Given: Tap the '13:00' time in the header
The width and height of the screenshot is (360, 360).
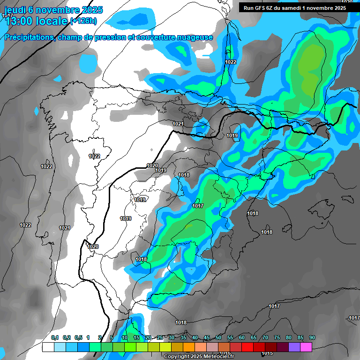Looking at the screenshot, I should pos(19,21).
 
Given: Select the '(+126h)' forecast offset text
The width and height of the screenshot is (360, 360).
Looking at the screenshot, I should pos(83,21).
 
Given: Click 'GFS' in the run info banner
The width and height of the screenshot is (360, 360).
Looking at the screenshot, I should pos(262,7).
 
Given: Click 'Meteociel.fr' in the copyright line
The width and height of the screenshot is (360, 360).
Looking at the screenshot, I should pos(218,356).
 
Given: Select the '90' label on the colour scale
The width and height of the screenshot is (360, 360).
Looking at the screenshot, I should pos(312,338).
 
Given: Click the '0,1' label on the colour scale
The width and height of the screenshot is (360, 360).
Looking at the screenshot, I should pos(55,338).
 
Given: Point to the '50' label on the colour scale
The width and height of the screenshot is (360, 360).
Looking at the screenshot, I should pos(218,338).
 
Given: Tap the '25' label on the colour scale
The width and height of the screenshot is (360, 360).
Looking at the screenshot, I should pos(160,338).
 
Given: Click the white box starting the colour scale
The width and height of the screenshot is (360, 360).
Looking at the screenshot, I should pos(48,347).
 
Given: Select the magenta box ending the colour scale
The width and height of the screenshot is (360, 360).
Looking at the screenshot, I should pos(306,347).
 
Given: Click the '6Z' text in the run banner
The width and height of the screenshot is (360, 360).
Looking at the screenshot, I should pos(273,7).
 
